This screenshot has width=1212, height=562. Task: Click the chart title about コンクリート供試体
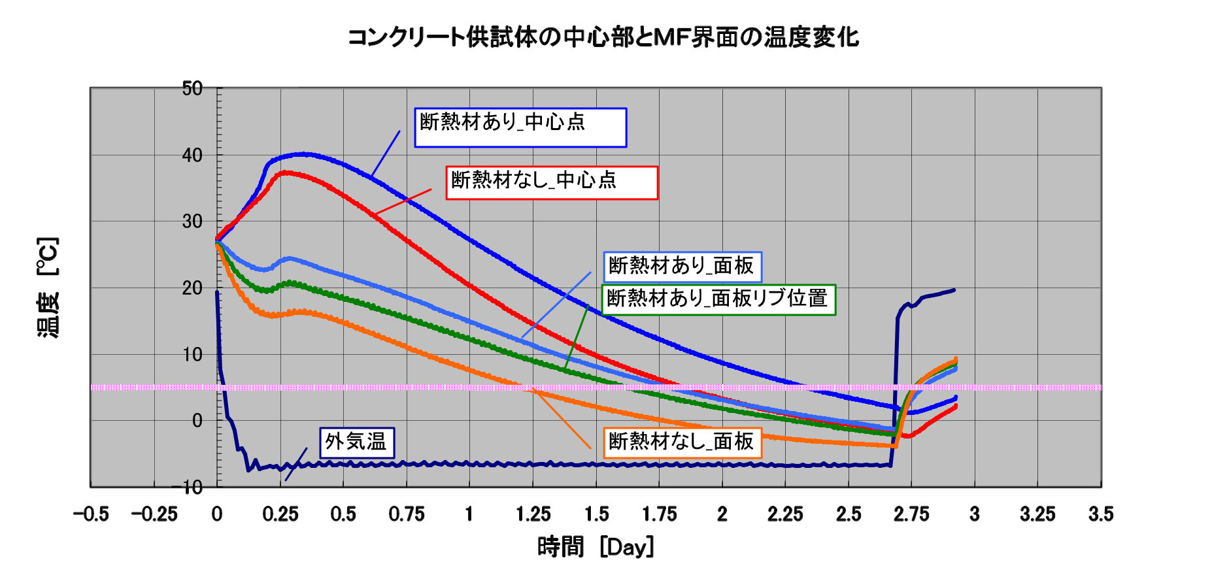(602, 37)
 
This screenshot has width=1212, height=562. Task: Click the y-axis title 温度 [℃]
(48, 288)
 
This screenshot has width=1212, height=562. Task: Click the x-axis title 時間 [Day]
(595, 546)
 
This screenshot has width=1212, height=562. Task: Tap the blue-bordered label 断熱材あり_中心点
(520, 127)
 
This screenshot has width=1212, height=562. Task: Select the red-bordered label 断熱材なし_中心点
(552, 182)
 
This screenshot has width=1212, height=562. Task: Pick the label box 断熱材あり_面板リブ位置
(718, 299)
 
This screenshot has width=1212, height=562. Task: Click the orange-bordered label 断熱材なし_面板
(681, 442)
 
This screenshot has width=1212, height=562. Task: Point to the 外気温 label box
(356, 442)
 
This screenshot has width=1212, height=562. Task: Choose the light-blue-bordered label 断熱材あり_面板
(681, 266)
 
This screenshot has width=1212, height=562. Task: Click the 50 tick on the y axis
(192, 88)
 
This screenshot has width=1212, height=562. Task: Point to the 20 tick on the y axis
(192, 288)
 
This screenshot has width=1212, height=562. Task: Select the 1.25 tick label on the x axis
(533, 514)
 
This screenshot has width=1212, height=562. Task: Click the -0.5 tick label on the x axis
(91, 514)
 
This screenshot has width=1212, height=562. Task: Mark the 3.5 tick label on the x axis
(1101, 514)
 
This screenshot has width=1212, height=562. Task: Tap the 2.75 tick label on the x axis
(911, 514)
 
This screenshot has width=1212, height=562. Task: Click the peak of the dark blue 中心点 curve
(304, 154)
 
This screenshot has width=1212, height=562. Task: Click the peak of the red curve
(286, 173)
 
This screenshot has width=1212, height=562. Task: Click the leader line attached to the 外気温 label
(296, 464)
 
